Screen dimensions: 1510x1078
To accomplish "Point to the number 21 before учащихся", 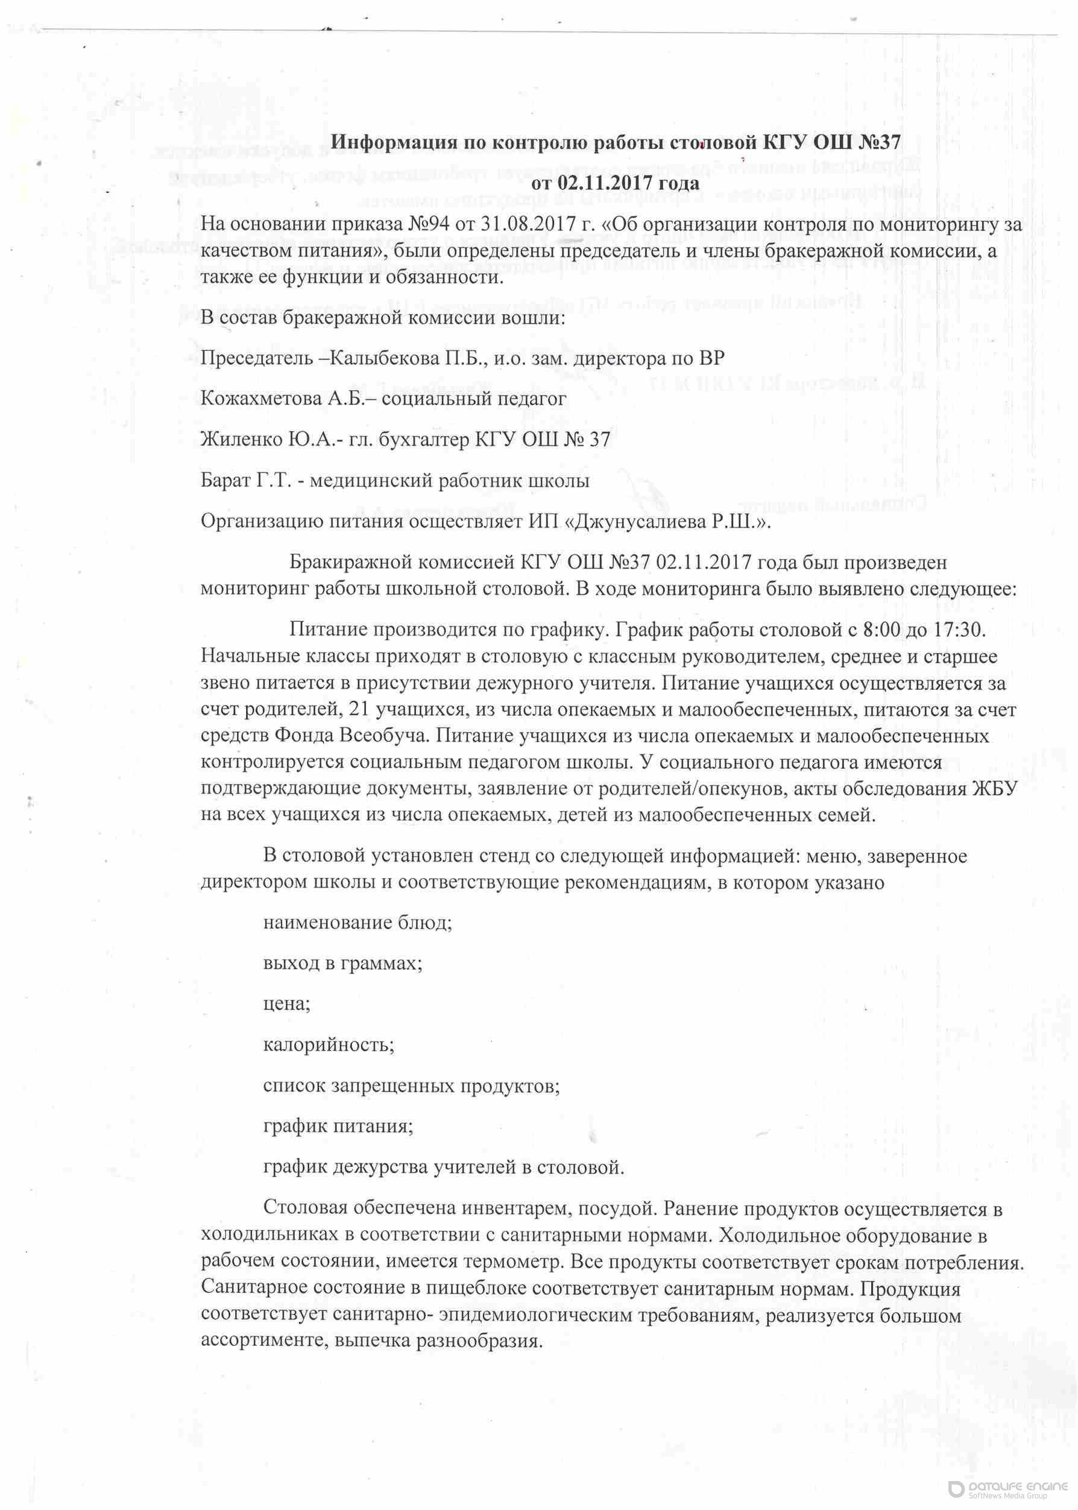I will pos(359,710).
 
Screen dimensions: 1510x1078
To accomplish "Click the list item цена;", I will pos(287,1003).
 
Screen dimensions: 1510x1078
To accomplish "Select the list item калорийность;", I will pos(329,1044).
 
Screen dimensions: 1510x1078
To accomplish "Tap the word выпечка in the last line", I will pos(373,1341).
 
